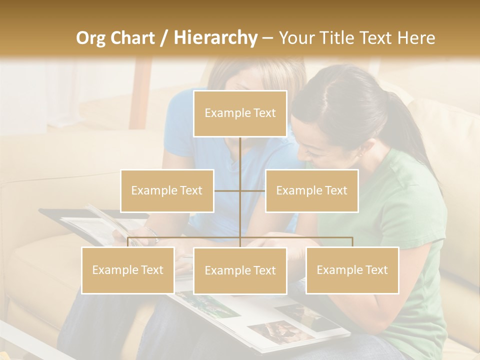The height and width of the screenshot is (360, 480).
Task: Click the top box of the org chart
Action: [x=240, y=113]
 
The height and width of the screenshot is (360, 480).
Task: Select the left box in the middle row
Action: [x=167, y=190]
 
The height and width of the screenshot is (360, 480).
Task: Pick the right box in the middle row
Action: [x=311, y=190]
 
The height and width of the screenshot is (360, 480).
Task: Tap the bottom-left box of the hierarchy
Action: [x=127, y=270]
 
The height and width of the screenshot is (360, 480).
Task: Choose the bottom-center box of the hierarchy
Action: [x=240, y=270]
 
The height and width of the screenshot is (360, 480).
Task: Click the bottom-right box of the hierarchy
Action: [x=352, y=270]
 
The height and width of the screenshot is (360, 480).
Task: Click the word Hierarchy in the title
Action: [x=215, y=37]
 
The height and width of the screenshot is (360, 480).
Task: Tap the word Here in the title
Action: [x=416, y=37]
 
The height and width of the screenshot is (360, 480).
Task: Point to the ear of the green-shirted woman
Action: [x=358, y=149]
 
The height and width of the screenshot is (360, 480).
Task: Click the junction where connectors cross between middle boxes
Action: [x=240, y=190]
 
